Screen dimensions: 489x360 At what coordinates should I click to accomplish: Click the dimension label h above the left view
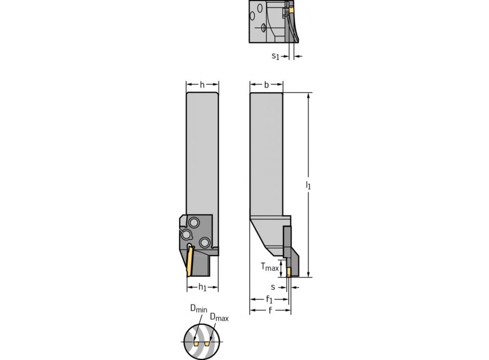point(202,85)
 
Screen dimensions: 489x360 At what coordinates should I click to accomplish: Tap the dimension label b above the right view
point(267,85)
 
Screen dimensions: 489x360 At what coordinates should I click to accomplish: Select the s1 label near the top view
point(275,56)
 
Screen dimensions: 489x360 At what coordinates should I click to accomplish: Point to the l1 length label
point(308,185)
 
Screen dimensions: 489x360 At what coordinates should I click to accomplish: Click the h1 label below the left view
point(202,287)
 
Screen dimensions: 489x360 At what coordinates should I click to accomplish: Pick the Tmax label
point(270,267)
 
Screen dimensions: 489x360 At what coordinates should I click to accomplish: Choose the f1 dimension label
point(269,299)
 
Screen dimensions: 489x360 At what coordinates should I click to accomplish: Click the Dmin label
point(199,309)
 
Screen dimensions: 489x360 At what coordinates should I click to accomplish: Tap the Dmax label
point(219,317)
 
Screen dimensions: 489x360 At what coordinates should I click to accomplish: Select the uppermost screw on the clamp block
point(194,223)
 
